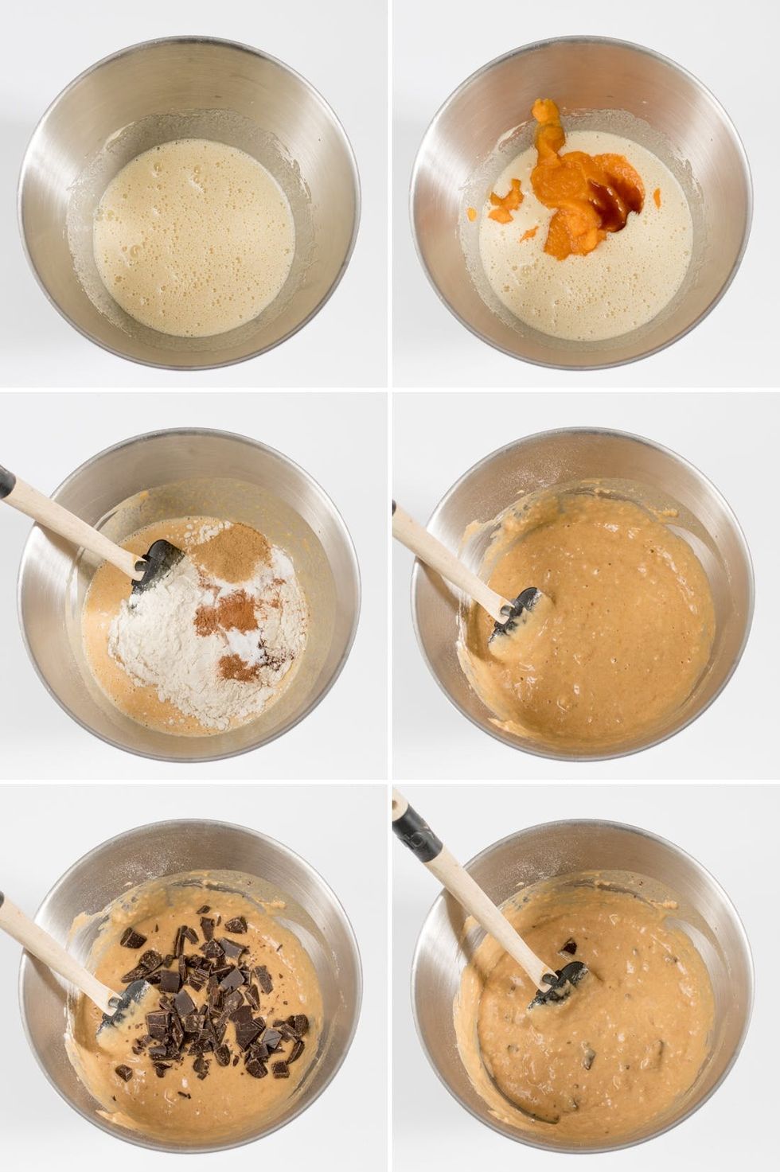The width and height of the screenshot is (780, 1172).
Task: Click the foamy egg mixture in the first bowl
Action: tap(193, 236)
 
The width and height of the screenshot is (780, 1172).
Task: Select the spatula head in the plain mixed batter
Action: tap(517, 613)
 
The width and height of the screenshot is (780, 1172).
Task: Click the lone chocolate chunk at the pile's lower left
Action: tap(124, 1072)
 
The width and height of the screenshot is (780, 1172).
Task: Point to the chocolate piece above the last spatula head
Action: tap(568, 947)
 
